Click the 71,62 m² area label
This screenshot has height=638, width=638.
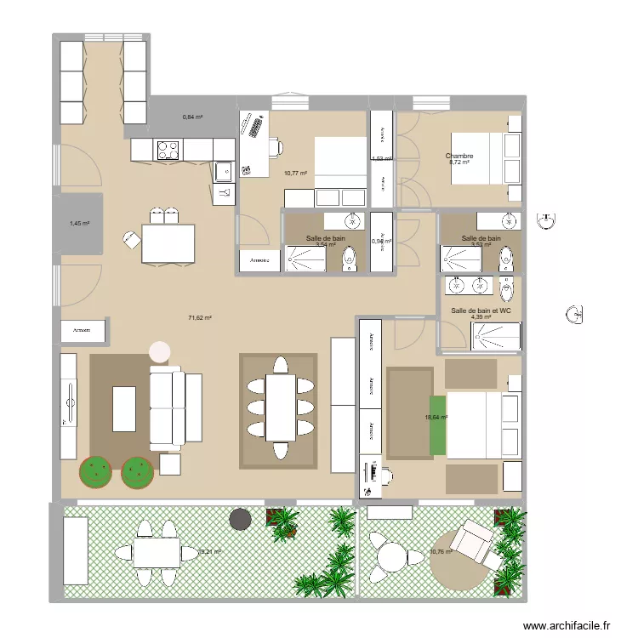(200, 317)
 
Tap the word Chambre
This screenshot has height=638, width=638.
(459, 156)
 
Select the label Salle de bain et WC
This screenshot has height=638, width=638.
(481, 310)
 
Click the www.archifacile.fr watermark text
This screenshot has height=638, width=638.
(567, 625)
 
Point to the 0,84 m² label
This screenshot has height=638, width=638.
(192, 117)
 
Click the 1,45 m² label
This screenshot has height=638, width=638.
(79, 224)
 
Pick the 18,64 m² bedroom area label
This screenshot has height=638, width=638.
(436, 418)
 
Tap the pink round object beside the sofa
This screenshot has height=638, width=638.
(159, 351)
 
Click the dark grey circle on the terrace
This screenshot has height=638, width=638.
(240, 518)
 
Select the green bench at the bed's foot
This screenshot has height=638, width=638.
(437, 424)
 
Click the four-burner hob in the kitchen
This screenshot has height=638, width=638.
(168, 150)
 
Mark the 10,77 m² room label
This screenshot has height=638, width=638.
(295, 174)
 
